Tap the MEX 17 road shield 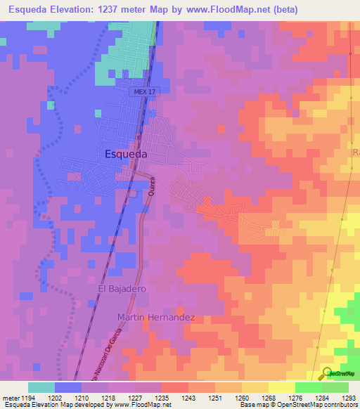point(143,92)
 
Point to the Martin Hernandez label point(156,318)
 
